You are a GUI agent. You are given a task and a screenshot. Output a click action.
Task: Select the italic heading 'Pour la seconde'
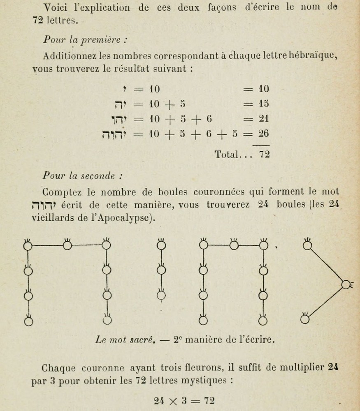pyautogui.click(x=82, y=175)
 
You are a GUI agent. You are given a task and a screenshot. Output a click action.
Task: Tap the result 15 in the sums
pyautogui.click(x=263, y=104)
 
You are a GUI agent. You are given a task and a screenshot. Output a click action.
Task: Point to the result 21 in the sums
pyautogui.click(x=263, y=119)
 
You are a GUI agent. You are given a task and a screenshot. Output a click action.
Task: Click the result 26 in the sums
pyautogui.click(x=263, y=134)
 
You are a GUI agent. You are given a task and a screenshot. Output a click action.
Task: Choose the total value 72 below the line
pyautogui.click(x=263, y=155)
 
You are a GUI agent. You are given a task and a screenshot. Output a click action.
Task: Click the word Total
pyautogui.click(x=227, y=155)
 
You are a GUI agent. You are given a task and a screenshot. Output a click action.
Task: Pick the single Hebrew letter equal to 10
pyautogui.click(x=124, y=88)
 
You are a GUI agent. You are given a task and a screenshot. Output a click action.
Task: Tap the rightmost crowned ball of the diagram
pyautogui.click(x=345, y=284)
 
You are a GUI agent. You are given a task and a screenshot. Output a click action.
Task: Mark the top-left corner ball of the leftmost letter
pyautogui.click(x=28, y=246)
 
